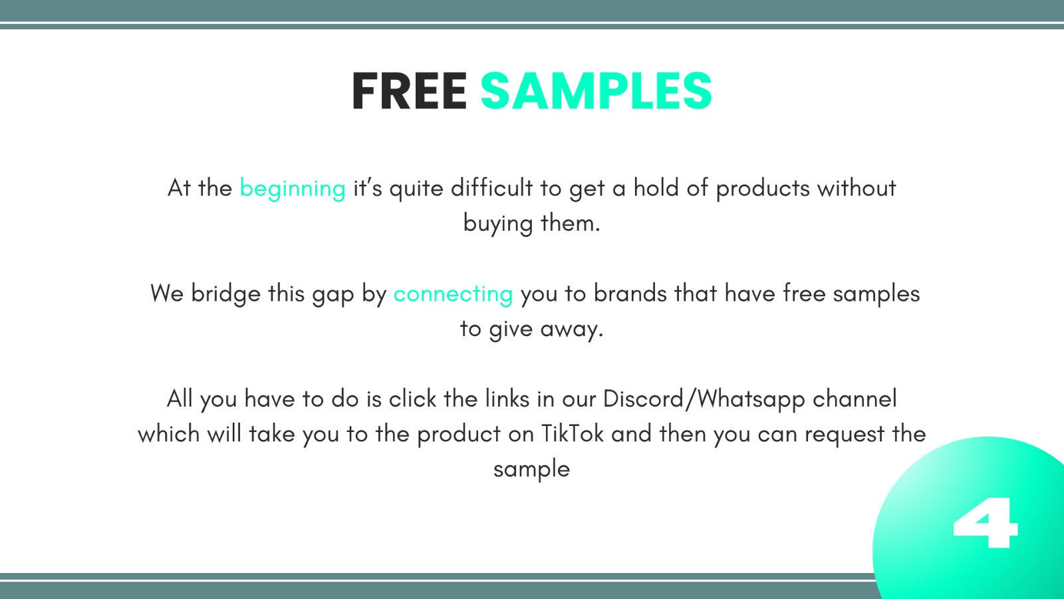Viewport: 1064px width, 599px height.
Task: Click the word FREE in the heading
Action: (409, 91)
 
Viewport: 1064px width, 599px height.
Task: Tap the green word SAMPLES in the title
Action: (596, 91)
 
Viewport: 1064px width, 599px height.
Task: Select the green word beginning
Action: (293, 189)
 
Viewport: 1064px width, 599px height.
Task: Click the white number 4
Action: (986, 522)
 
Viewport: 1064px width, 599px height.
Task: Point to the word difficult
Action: (491, 188)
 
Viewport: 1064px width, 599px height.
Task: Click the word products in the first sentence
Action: (763, 189)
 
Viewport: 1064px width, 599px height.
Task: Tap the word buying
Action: (498, 224)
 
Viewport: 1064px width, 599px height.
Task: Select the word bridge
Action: (225, 294)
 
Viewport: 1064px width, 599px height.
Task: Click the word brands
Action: (630, 294)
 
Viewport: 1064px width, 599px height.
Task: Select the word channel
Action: (855, 399)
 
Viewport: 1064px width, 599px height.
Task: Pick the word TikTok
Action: (573, 433)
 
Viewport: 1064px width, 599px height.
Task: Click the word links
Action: (507, 399)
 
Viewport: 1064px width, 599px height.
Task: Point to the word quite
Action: (416, 189)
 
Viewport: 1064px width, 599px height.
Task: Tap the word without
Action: (857, 188)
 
